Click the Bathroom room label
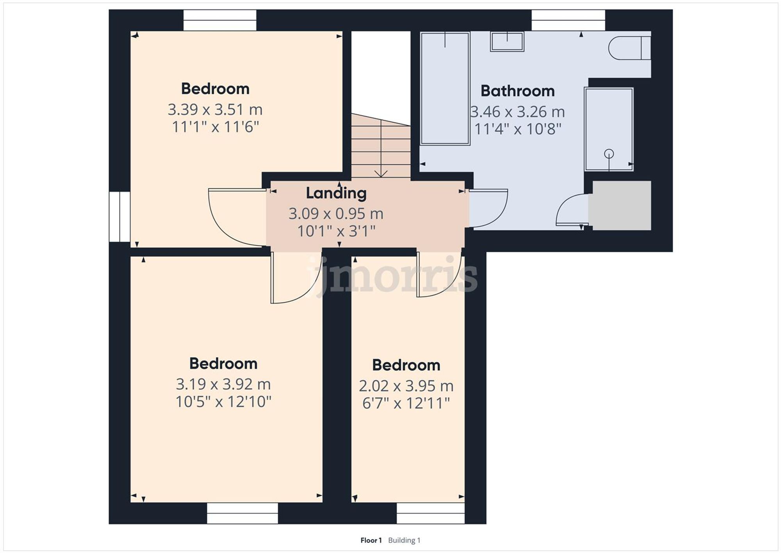click(517, 91)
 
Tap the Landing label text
click(336, 193)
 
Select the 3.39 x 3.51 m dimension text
click(215, 109)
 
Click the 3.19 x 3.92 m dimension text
click(223, 384)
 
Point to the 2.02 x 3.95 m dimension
click(406, 386)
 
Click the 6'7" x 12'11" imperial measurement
click(406, 403)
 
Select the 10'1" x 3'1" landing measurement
click(336, 231)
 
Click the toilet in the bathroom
click(629, 48)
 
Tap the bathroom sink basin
click(507, 42)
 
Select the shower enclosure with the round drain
click(608, 129)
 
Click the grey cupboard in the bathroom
click(621, 206)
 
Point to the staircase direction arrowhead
click(381, 174)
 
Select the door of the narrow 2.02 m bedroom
click(437, 276)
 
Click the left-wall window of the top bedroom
click(119, 217)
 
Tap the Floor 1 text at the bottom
click(371, 540)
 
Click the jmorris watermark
click(392, 276)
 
